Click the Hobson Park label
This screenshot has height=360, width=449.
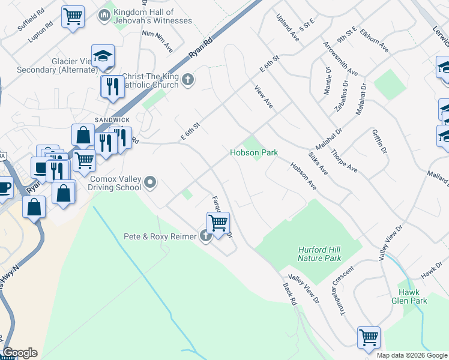click(x=254, y=153)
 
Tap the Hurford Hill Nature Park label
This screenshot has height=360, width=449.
click(x=319, y=254)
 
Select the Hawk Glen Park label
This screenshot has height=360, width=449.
click(x=409, y=296)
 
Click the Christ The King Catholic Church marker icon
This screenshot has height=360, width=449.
click(x=188, y=79)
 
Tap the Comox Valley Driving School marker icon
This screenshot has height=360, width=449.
click(x=150, y=181)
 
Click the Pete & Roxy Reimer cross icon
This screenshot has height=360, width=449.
click(x=206, y=236)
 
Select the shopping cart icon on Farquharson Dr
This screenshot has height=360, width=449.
click(x=218, y=223)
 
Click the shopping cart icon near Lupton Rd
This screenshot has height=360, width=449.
click(x=73, y=16)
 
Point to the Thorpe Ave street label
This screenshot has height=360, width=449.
click(x=345, y=160)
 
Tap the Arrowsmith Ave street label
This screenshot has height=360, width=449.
click(x=340, y=59)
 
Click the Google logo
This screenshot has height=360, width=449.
click(x=19, y=353)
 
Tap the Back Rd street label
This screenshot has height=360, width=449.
click(x=290, y=295)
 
